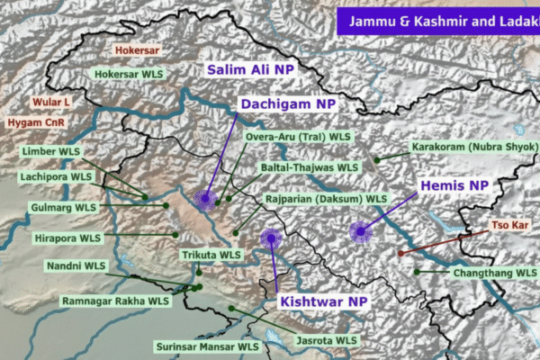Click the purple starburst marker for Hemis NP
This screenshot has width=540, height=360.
point(362,232)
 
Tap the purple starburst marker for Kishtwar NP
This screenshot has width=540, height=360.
point(270,238)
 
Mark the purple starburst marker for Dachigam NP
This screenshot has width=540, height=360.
point(207,198)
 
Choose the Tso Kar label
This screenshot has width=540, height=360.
point(510,224)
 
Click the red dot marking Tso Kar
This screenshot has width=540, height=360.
point(400,254)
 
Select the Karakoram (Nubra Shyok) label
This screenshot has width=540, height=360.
point(473,147)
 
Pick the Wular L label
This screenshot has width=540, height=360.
point(51,103)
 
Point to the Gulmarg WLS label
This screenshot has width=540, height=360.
point(61,208)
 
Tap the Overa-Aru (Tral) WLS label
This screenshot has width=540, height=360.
point(298,137)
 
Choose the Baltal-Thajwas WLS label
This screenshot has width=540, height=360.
point(311,167)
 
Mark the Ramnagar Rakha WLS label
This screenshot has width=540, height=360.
point(115,301)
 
